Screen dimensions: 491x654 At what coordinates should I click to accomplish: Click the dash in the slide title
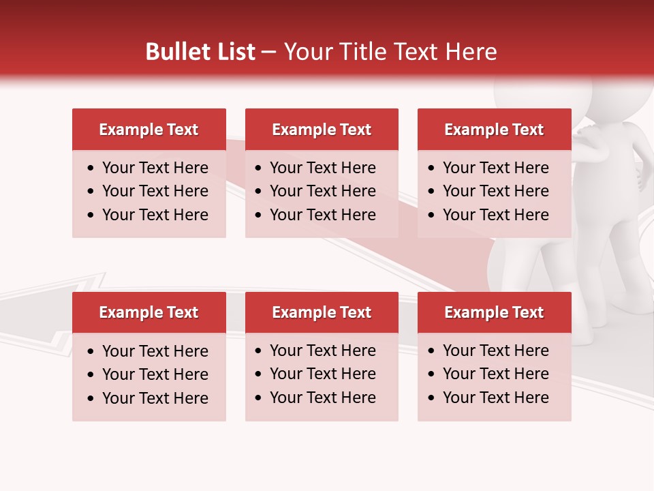[x=268, y=52]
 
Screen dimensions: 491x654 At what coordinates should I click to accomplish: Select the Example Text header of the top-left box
[x=149, y=130]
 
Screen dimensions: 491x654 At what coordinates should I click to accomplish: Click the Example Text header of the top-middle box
[x=322, y=130]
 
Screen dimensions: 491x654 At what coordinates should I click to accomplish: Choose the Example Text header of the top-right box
[x=494, y=130]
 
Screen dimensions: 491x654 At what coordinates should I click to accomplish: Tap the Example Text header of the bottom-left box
[x=149, y=312]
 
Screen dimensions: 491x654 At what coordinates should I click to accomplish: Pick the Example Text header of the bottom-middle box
[x=322, y=312]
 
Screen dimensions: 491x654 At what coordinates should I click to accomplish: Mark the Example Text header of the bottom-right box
[x=494, y=312]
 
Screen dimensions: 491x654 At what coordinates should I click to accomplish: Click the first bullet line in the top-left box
[x=155, y=168]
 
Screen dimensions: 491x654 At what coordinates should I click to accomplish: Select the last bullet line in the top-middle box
[x=323, y=215]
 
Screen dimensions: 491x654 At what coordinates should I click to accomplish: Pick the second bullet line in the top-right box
[x=496, y=191]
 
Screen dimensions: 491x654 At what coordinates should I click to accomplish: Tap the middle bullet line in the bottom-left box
[x=155, y=374]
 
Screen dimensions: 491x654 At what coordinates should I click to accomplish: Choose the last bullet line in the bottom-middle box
[x=323, y=398]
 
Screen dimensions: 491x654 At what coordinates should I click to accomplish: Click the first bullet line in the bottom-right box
[x=496, y=351]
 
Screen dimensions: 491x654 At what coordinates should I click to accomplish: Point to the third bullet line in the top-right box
[x=496, y=215]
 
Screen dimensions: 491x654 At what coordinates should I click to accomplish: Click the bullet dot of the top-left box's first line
[x=91, y=168]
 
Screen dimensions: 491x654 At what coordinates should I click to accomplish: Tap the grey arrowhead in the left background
[x=41, y=307]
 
